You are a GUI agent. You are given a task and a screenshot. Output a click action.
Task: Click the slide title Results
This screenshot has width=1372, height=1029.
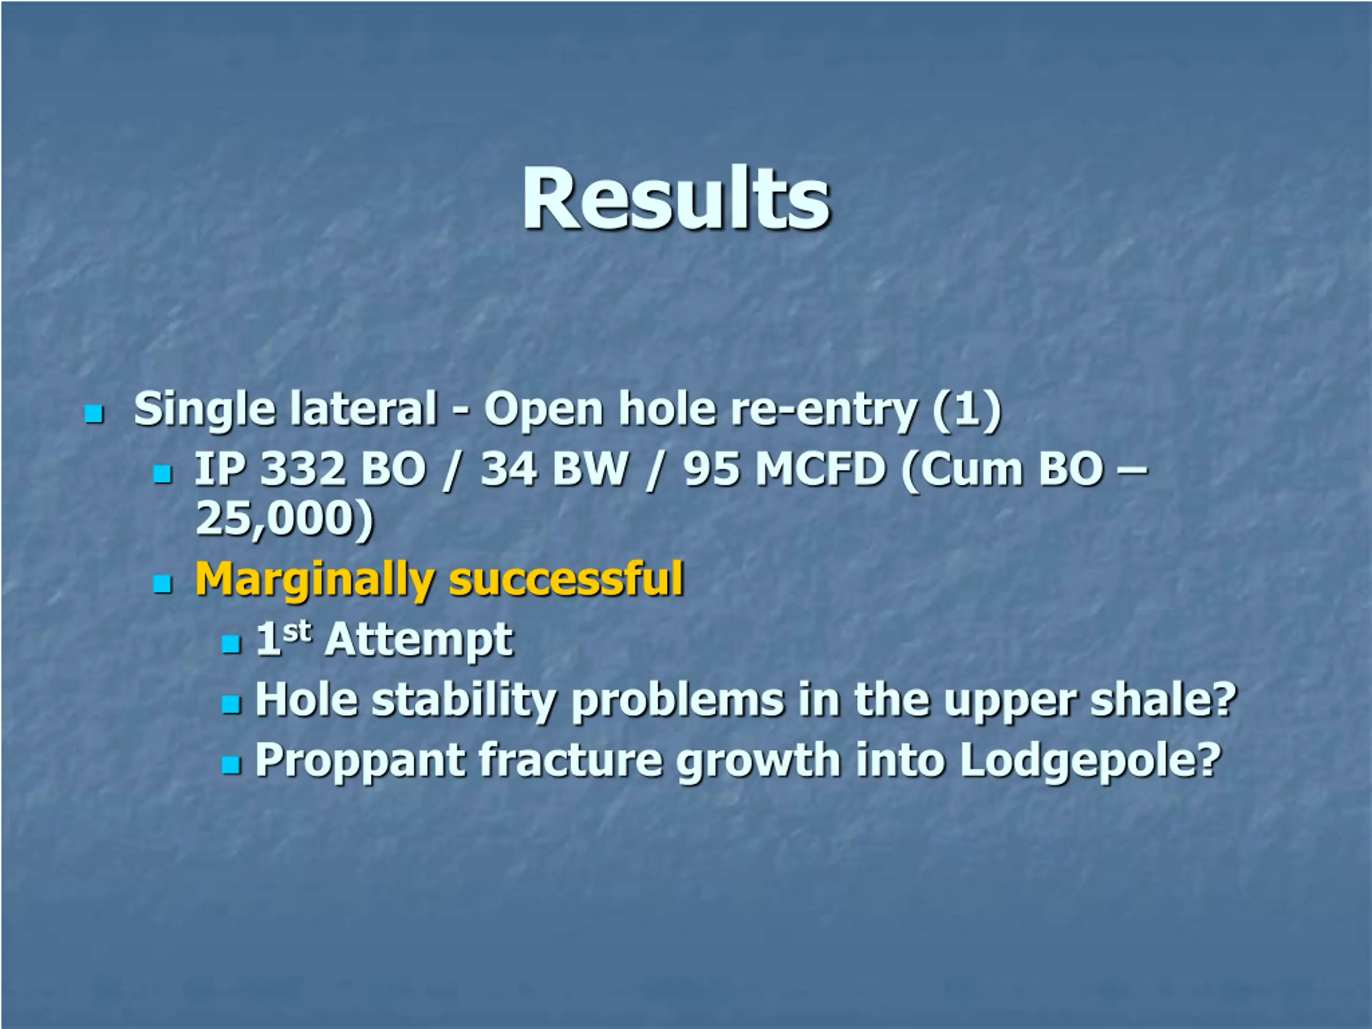point(675,198)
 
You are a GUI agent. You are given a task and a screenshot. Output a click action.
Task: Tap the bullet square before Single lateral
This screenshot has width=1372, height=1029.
point(94,414)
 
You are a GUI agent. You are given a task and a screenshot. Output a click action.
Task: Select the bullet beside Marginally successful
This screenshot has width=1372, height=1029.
point(162,583)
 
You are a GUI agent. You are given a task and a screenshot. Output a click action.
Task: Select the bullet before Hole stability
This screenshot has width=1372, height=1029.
point(231,704)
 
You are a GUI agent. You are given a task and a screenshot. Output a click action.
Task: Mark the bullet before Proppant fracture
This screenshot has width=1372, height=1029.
point(231,764)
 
